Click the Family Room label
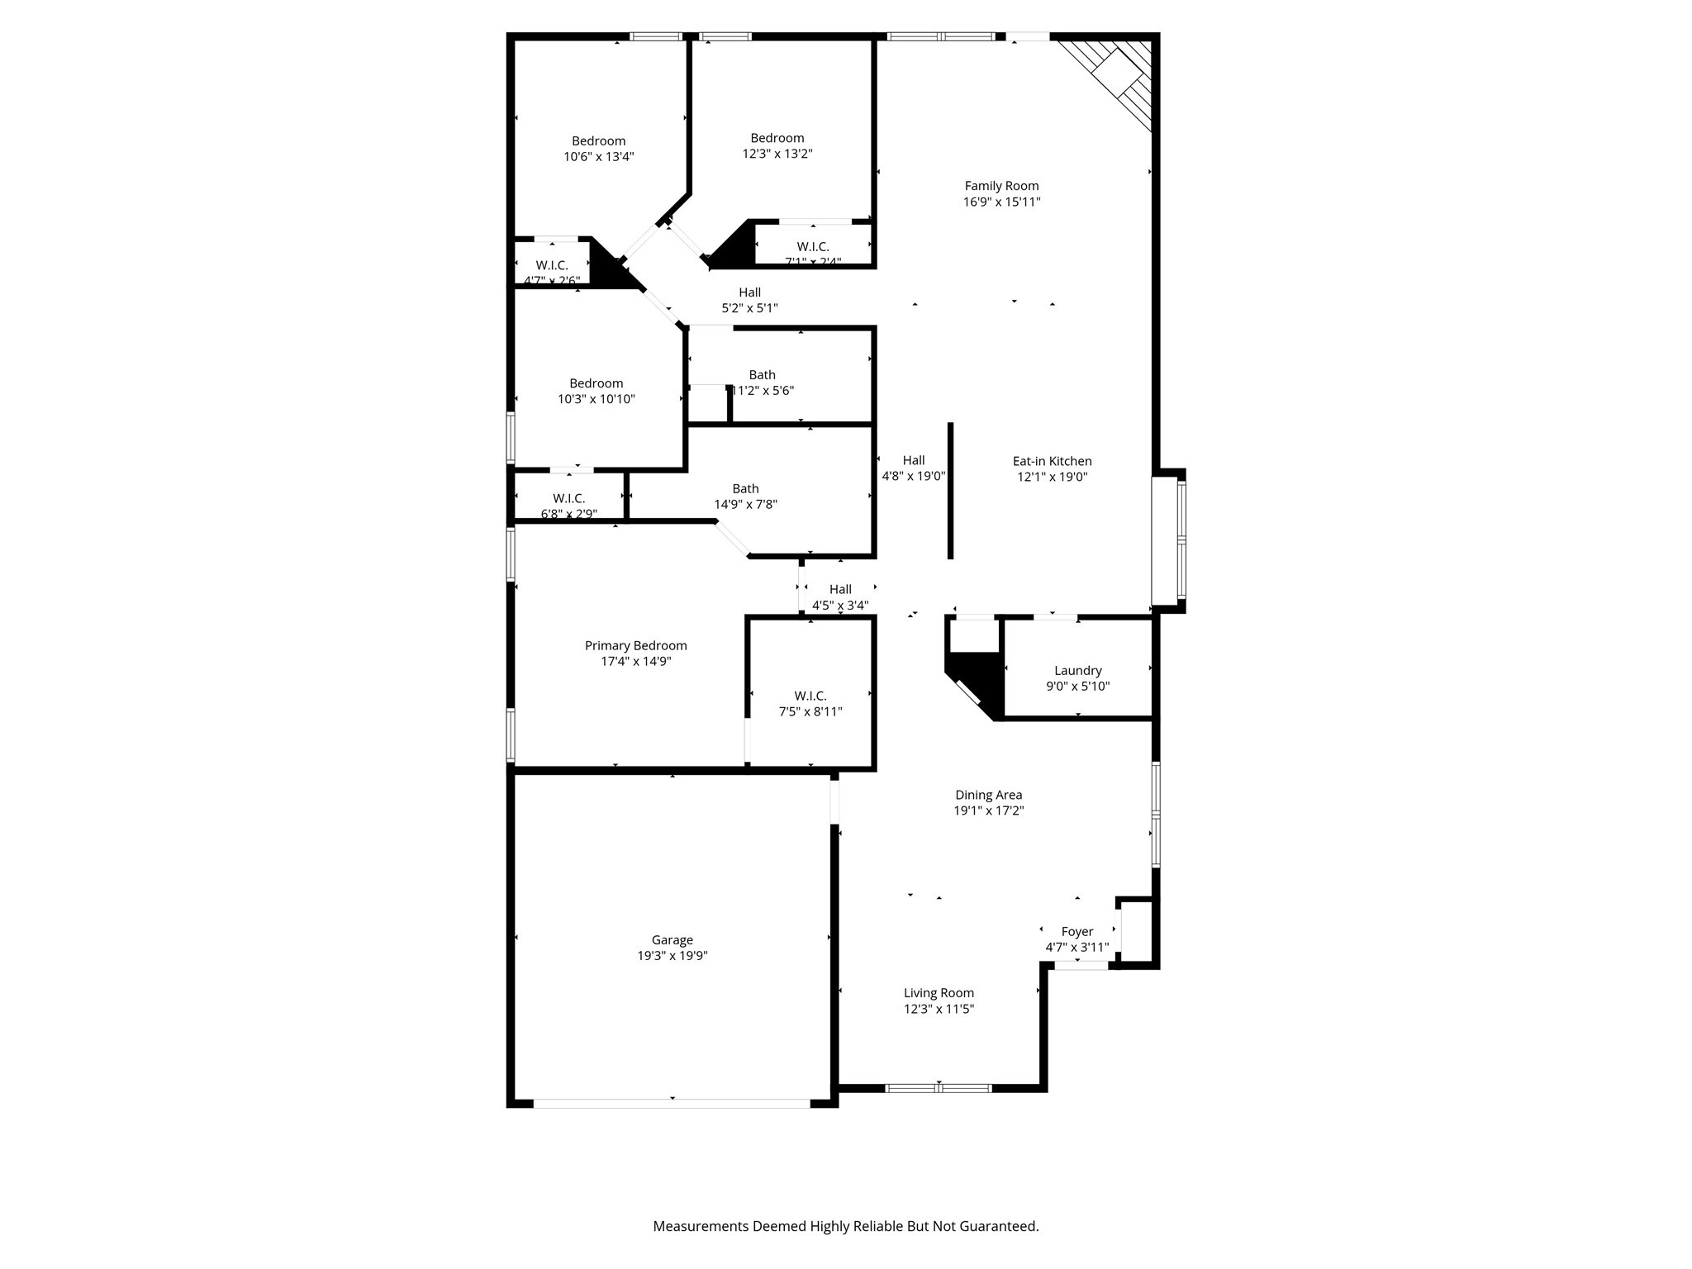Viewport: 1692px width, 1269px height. [1001, 186]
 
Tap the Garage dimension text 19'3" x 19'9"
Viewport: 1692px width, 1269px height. [672, 956]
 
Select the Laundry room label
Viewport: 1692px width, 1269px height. [1077, 671]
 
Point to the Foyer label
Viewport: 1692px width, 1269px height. [1077, 932]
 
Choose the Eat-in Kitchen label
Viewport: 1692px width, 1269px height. [1052, 462]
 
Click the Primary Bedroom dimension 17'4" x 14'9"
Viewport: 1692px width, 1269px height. [635, 662]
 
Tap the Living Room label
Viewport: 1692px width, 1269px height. [939, 993]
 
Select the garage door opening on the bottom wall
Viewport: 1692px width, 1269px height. [672, 1103]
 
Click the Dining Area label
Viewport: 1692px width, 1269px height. [988, 795]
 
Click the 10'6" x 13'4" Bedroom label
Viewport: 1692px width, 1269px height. [598, 141]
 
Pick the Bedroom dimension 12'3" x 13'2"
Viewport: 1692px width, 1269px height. [777, 154]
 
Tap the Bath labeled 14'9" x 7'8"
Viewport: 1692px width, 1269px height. [745, 489]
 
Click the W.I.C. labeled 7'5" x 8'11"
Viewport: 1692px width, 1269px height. [810, 696]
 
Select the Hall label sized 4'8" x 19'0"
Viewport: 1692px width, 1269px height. [913, 461]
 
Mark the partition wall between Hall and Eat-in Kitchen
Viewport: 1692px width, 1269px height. [950, 491]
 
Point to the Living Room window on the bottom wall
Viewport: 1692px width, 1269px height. [939, 1088]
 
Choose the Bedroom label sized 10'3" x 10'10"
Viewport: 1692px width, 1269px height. [596, 383]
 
